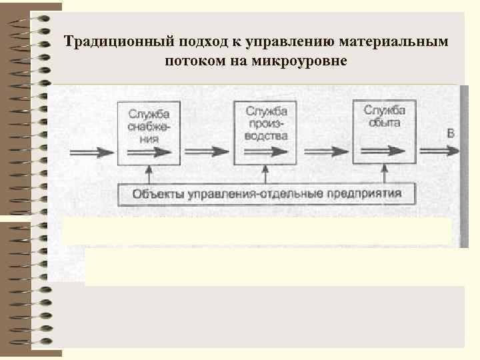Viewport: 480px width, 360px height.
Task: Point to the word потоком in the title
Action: [189, 62]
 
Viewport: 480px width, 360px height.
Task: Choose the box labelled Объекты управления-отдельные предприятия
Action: [267, 195]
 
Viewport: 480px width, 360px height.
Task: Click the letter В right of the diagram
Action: [451, 133]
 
